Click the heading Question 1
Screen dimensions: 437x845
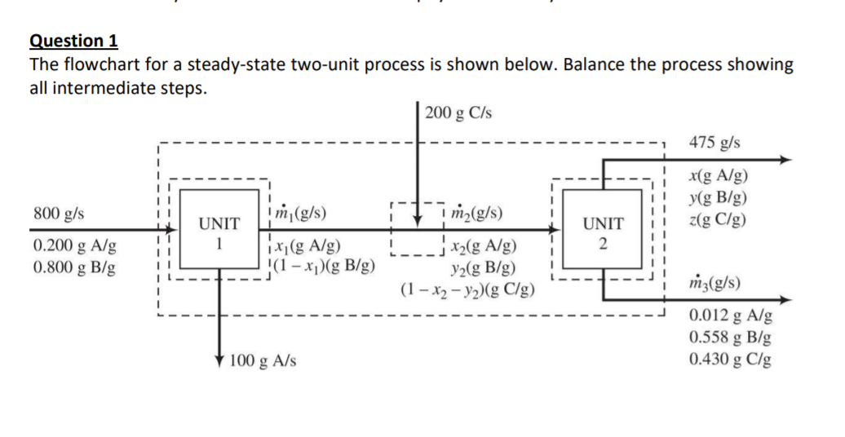(73, 41)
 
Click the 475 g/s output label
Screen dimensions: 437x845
(714, 142)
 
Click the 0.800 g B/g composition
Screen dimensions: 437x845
(73, 267)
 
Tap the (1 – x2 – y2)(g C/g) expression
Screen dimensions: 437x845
(467, 288)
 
